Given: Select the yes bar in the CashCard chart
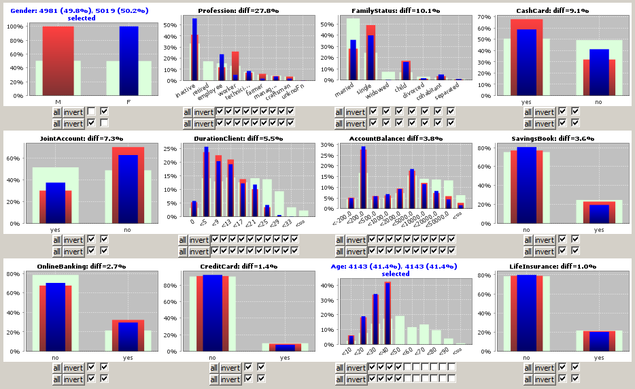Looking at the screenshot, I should coord(526,61).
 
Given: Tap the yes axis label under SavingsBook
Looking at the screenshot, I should coord(599,230).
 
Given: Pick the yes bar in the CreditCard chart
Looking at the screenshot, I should coord(285,348).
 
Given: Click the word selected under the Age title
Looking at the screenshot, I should coord(396,274).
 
